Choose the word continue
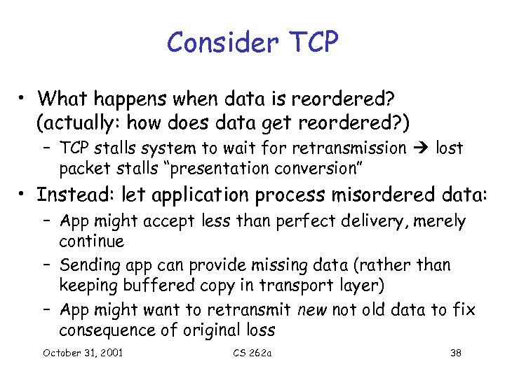point(91,241)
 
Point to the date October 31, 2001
point(83,352)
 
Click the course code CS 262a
point(252,352)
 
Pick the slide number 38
point(455,352)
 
